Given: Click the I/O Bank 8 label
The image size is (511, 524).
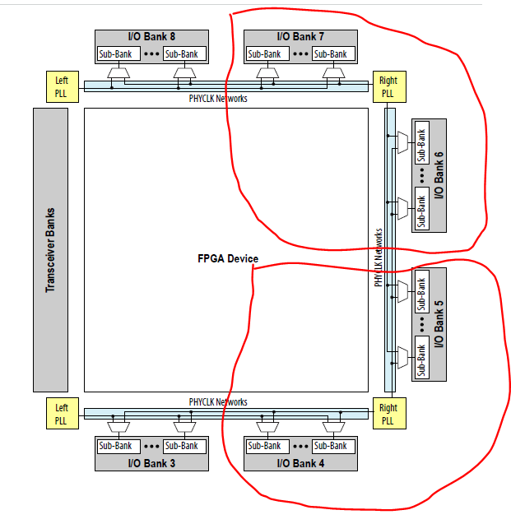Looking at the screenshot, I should (x=151, y=36).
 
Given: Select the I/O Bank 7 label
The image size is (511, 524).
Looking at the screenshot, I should (x=301, y=36).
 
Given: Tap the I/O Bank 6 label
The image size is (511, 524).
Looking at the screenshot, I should (x=439, y=174).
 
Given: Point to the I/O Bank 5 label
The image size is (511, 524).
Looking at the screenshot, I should (x=439, y=324).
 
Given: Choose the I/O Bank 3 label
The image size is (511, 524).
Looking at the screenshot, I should (x=151, y=463).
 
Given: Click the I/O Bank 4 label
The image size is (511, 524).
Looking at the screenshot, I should (x=301, y=463).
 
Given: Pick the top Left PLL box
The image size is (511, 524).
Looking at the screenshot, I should (x=62, y=86).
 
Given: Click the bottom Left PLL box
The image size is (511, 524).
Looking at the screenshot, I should (x=62, y=414).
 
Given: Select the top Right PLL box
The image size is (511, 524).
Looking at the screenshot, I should (x=388, y=86).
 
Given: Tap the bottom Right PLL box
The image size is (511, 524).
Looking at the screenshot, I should (x=388, y=414).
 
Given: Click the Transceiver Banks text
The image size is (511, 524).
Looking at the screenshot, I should (x=50, y=249).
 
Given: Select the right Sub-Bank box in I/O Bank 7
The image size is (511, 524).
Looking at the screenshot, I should (x=331, y=53).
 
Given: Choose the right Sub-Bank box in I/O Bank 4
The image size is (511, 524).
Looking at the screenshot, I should (x=331, y=446).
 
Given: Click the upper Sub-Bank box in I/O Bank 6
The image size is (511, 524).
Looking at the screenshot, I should (x=420, y=144).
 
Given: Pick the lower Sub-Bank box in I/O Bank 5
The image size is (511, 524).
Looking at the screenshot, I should (x=420, y=359).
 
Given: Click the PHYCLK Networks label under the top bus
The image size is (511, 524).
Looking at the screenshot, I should (x=218, y=99).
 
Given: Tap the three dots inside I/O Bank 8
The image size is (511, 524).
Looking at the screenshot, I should (x=151, y=53).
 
